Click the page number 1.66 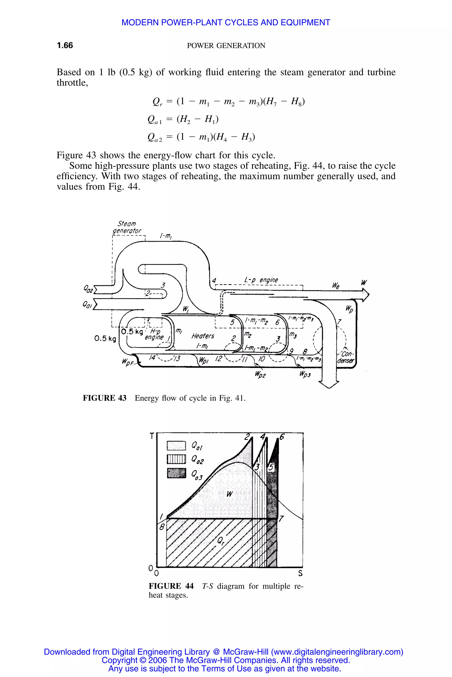(65, 45)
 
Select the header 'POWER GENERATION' (226, 46)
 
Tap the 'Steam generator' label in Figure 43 (127, 227)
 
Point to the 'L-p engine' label (261, 280)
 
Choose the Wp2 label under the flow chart (260, 375)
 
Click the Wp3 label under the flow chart (305, 374)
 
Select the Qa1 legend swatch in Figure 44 (176, 446)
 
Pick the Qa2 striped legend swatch (176, 459)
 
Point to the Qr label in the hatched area (220, 541)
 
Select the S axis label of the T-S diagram (300, 573)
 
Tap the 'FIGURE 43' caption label (104, 398)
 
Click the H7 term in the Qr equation (272, 102)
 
